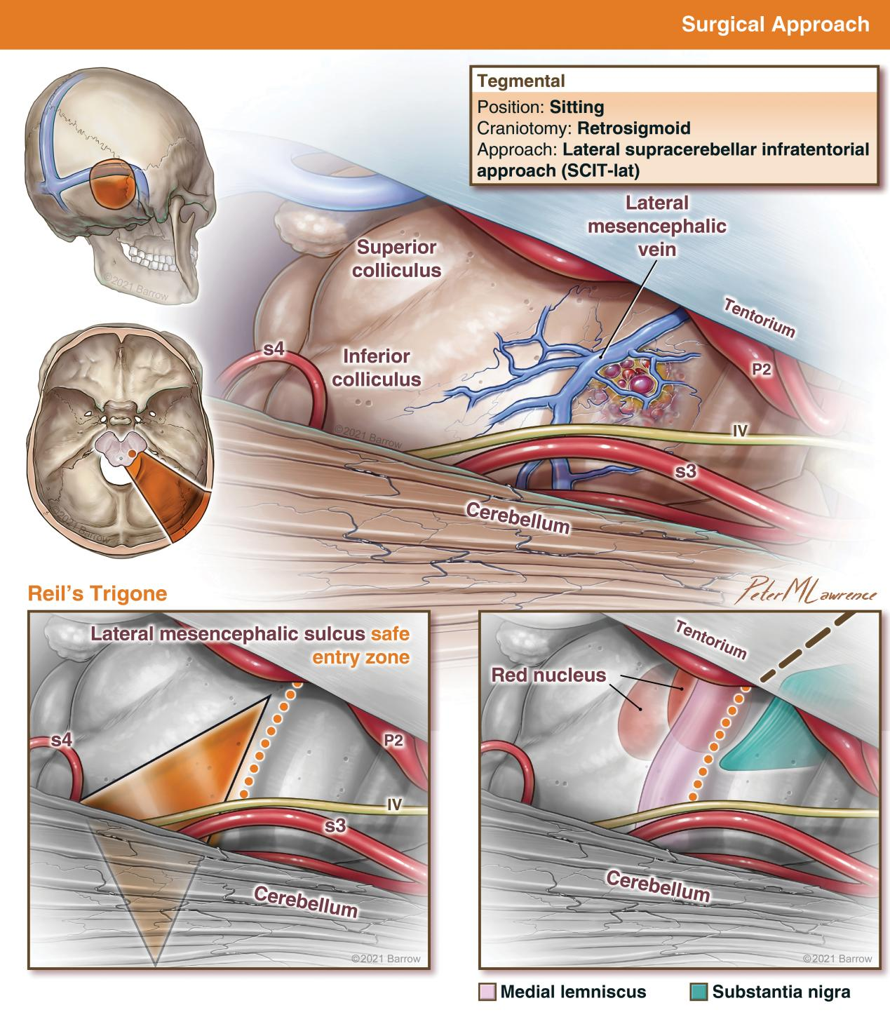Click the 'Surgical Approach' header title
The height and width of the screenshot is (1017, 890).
775,25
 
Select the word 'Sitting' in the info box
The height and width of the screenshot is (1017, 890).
577,107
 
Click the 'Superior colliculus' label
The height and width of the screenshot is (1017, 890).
397,258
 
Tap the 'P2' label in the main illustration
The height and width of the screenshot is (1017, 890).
762,369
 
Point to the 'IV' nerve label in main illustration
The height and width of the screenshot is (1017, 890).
739,431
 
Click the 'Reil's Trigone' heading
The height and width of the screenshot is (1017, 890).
97,593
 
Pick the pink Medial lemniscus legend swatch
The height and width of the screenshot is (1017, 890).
487,992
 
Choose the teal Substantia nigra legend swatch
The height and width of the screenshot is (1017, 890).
699,992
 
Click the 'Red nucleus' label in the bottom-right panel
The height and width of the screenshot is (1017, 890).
548,675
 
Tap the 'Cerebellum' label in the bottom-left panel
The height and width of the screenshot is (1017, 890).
305,901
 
